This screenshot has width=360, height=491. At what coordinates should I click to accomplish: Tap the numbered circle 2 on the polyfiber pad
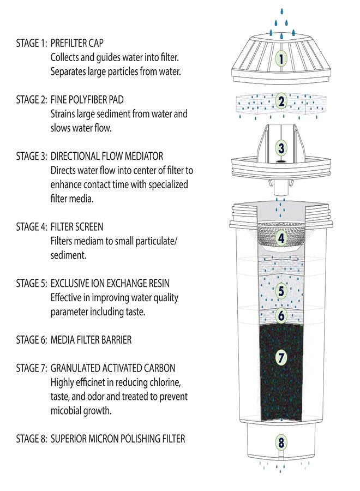281,101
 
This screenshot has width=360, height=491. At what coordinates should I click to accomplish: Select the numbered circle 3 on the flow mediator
281,148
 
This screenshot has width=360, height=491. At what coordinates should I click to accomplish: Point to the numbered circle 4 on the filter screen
281,238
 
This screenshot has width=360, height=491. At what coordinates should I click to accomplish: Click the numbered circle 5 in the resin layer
281,291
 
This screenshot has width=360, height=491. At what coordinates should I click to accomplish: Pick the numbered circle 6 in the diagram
281,315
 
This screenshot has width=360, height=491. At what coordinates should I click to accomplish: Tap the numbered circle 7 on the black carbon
281,358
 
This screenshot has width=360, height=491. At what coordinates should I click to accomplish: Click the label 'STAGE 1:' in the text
31,43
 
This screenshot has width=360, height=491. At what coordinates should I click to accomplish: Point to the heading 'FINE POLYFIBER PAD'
87,100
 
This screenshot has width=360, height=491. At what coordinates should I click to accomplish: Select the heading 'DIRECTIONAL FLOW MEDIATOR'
107,157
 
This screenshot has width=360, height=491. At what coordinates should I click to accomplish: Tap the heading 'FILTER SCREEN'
77,226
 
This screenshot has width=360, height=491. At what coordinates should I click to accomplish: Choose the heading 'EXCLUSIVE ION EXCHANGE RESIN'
110,283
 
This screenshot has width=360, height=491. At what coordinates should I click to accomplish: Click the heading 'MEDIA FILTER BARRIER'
91,340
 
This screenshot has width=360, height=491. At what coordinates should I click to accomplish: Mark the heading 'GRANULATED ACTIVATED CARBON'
113,368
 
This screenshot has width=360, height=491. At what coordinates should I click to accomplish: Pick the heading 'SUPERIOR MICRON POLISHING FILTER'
118,439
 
